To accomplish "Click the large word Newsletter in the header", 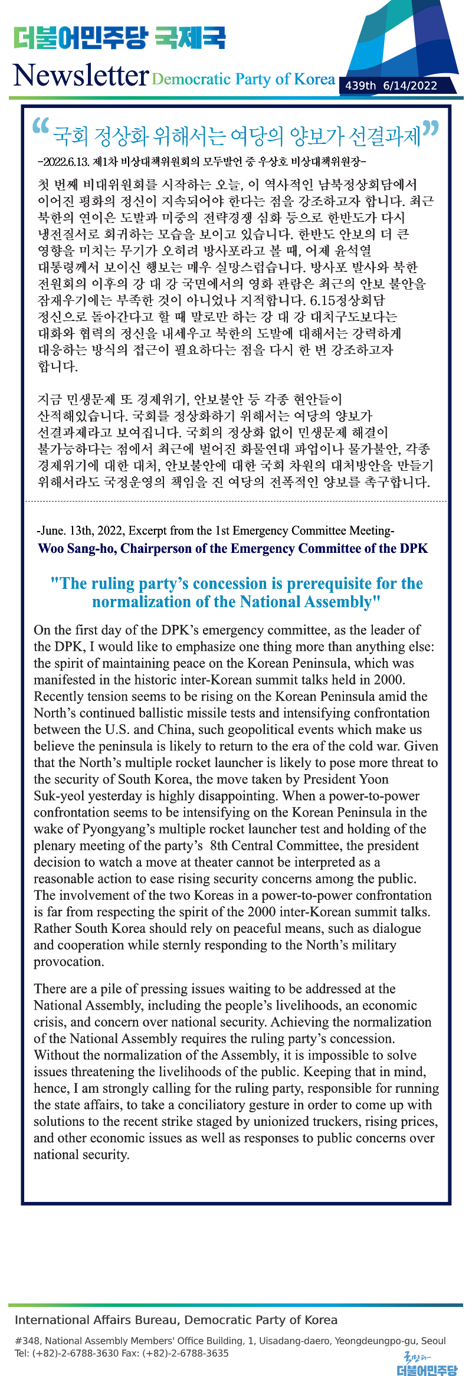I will point(80,76).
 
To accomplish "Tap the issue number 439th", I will point(360,86).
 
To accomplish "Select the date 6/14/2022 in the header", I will point(410,86).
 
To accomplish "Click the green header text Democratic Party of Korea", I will point(243,79).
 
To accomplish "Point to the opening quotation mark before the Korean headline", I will point(40,126).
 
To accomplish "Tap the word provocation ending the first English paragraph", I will point(68,961).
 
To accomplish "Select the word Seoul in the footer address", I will point(434,1341).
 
